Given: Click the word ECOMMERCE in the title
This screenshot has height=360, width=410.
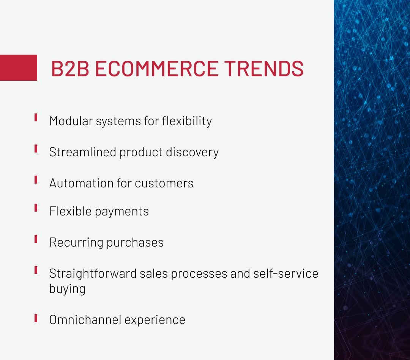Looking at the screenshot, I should click(156, 69).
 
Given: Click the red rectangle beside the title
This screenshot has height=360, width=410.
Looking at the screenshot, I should click(19, 68).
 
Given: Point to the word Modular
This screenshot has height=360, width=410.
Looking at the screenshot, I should click(71, 121).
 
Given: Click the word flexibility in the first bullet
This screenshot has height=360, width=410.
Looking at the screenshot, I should click(187, 121).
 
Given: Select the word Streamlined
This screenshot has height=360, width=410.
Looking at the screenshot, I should click(82, 152).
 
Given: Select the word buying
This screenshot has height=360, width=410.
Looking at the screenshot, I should click(67, 289).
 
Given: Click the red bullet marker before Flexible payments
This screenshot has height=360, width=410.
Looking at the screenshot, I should click(36, 208).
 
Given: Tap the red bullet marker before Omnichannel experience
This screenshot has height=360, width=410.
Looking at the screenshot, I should click(36, 318).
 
